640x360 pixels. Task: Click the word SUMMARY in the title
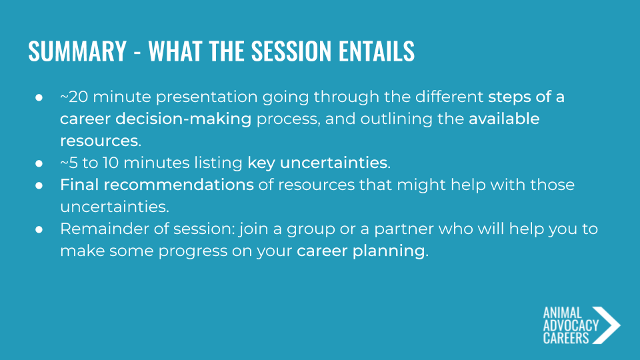[x=77, y=51]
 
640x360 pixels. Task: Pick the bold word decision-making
[x=183, y=119]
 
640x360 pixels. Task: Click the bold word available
[x=504, y=119]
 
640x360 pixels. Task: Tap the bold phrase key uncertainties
[x=317, y=163]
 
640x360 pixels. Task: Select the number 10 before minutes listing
[x=110, y=163]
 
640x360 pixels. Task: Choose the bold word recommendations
[x=179, y=185]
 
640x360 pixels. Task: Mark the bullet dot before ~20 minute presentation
[x=39, y=97]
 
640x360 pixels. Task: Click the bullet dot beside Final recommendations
[x=39, y=185]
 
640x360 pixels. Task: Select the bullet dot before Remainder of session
[x=39, y=229]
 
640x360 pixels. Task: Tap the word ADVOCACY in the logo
[x=571, y=326]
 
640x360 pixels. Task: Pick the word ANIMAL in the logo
[x=562, y=313]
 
